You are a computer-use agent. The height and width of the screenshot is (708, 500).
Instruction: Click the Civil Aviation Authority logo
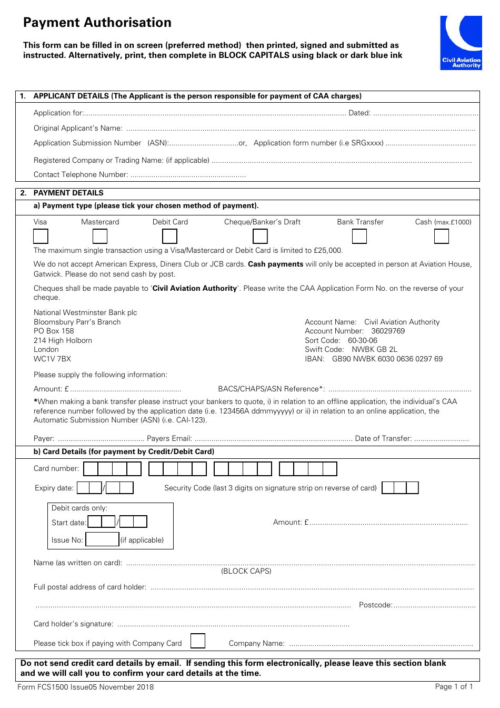coord(461,43)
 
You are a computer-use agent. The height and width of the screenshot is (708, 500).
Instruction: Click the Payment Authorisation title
coord(97,23)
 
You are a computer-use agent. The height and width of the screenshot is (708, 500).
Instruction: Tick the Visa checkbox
coord(41,237)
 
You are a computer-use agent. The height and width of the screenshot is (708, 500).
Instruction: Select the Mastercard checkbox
coord(100,237)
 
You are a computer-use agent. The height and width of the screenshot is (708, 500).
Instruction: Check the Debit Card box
coord(169,237)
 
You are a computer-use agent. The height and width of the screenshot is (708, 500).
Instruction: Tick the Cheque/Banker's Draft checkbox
coord(260,237)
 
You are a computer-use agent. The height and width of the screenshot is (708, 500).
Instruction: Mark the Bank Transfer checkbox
coord(359,237)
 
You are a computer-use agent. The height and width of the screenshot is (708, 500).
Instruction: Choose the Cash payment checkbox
coord(441,237)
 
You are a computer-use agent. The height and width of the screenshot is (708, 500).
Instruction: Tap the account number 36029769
coord(388,331)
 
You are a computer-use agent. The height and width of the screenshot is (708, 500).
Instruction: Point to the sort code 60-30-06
coord(362,341)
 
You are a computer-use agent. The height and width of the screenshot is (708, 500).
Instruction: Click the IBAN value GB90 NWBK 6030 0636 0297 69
coord(387,359)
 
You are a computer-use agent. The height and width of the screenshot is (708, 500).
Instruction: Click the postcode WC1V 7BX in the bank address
coord(52,359)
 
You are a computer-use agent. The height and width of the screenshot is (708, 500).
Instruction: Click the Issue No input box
coord(102,539)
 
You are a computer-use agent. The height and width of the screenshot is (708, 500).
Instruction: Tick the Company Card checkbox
coord(198,641)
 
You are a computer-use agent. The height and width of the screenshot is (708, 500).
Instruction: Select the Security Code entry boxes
coord(400,488)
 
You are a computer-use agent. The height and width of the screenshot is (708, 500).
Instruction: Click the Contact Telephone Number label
coord(81,175)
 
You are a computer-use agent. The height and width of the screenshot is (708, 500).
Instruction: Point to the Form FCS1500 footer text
coord(86,687)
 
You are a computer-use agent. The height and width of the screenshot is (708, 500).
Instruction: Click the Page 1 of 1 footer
coord(454,687)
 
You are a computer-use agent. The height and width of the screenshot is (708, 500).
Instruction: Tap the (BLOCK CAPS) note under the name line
coord(246,572)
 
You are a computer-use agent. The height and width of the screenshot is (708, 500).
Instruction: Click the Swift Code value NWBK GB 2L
coord(374,350)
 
